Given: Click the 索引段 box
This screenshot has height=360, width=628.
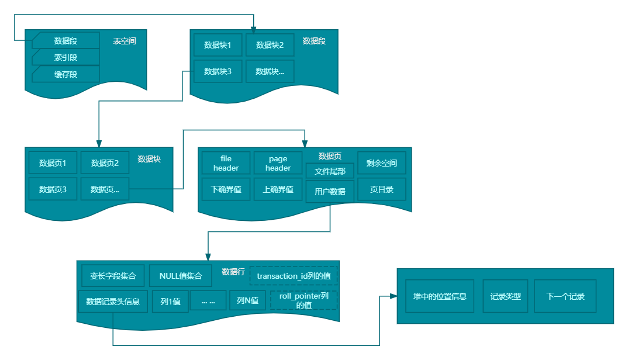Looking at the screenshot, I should coord(65,57).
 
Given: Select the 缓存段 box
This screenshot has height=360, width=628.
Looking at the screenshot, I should coord(65,74).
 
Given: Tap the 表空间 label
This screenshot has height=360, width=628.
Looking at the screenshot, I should coord(125,41).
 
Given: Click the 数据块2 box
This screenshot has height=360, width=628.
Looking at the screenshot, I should coord(270,45).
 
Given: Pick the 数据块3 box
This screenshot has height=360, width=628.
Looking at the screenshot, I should coord(218,71).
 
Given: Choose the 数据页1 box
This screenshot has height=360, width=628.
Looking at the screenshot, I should coord(53,163).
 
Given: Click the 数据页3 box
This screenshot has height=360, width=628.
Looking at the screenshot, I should coord(53,189).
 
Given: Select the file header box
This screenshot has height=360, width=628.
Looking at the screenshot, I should coord(226,163).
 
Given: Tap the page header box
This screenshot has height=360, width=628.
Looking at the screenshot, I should coord(278,163).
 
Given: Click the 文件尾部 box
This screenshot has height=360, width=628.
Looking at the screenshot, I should coord(330,171).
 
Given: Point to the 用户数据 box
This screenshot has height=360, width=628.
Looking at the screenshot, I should coord(330,192).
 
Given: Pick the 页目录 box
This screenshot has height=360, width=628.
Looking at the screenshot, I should coord(382,189).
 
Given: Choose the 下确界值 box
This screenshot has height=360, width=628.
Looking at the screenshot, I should coord(226,189).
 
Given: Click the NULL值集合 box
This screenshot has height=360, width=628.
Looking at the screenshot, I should coord(181,276).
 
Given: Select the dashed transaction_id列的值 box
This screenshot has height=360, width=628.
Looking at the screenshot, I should coord(294,276).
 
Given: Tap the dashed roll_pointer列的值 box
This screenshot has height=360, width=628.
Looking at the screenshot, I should coord(303,301).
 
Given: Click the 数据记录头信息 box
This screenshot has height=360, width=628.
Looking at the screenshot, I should coord(113,302).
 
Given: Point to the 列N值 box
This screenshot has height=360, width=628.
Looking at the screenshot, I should coord(247,302).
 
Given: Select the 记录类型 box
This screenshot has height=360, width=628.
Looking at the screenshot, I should coord(505,296).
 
